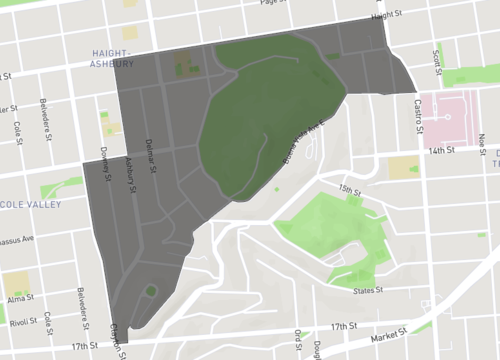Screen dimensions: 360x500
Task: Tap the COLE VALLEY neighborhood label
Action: click(31, 204)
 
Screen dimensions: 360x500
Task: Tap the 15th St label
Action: click(349, 188)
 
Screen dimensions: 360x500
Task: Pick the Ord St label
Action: click(297, 341)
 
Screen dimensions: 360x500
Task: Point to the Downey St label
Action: click(104, 159)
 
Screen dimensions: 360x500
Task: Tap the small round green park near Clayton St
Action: click(150, 292)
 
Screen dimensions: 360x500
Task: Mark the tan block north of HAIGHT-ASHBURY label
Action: click(130, 32)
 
